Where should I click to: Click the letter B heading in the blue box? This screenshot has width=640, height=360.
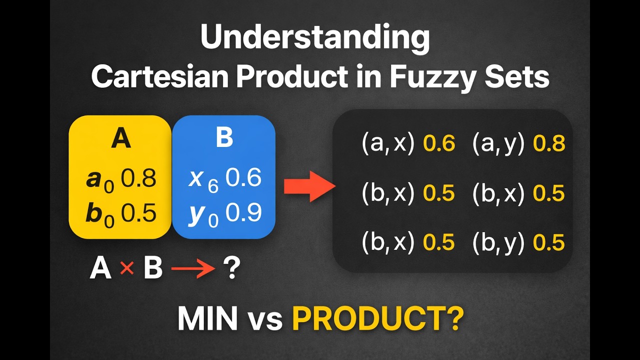tap(224, 138)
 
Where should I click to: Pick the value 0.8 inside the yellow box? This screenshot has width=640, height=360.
tap(139, 179)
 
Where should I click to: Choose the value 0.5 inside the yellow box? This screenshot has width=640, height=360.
tap(139, 213)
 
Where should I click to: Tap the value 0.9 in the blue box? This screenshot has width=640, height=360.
tap(243, 213)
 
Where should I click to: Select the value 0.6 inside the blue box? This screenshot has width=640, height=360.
tap(243, 178)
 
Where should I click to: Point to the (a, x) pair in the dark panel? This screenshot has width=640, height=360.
tap(388, 144)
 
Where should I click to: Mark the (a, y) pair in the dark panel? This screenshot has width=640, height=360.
tap(498, 144)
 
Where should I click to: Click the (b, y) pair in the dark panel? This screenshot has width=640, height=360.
tap(498, 242)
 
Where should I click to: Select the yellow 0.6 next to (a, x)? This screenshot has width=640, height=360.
tap(439, 144)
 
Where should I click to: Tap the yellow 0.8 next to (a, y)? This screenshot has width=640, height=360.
tap(549, 144)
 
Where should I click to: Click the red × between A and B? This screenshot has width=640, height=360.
tap(127, 269)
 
